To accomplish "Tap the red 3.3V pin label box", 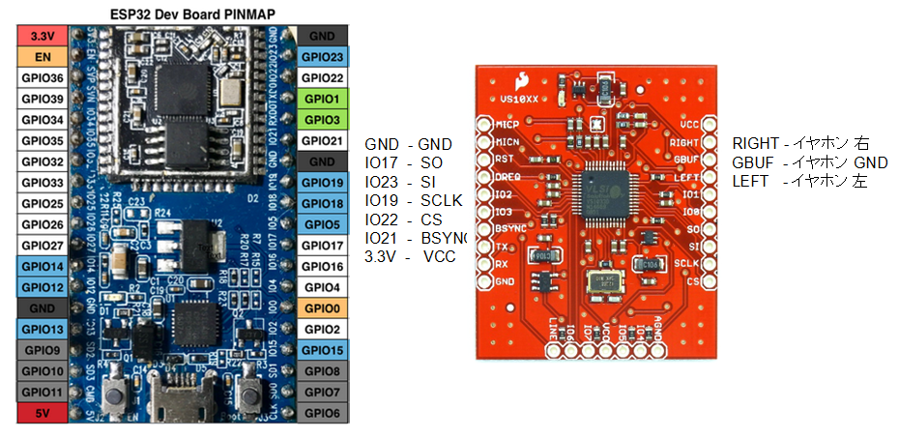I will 42,35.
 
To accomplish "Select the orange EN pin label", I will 42,56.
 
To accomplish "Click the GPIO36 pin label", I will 42,77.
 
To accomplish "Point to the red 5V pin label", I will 42,413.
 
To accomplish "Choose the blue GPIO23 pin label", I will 322,56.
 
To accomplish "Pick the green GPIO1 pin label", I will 322,99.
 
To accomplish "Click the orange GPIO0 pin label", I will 322,308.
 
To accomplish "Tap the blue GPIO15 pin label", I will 322,350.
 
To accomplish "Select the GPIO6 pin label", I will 322,413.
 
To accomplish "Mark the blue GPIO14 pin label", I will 42,266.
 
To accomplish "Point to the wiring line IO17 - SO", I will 406,163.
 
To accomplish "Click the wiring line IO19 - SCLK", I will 412,200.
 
